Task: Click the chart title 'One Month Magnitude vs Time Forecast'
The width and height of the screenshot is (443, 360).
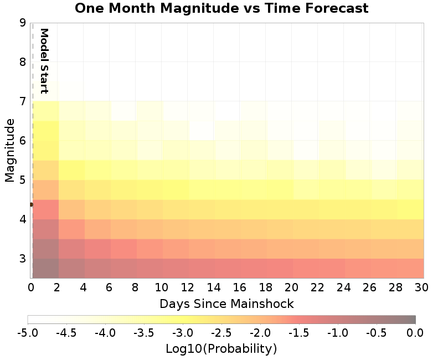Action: (221, 8)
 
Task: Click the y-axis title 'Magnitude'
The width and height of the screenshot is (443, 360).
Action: (9, 150)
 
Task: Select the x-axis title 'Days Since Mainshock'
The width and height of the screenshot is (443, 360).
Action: (226, 304)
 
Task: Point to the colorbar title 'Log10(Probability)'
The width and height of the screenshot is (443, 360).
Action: (221, 349)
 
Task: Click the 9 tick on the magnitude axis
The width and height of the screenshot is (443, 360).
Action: (22, 23)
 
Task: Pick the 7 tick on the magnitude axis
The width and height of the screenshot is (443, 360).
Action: (22, 101)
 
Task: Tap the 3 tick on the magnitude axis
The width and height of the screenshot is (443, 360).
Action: (22, 259)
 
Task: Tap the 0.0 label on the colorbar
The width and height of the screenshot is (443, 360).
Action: (415, 332)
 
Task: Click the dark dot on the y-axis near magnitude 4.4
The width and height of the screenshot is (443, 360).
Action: (31, 204)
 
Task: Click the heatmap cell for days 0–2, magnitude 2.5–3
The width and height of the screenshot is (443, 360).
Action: (45, 268)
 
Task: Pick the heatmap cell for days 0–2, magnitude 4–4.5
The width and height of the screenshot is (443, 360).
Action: (45, 209)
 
